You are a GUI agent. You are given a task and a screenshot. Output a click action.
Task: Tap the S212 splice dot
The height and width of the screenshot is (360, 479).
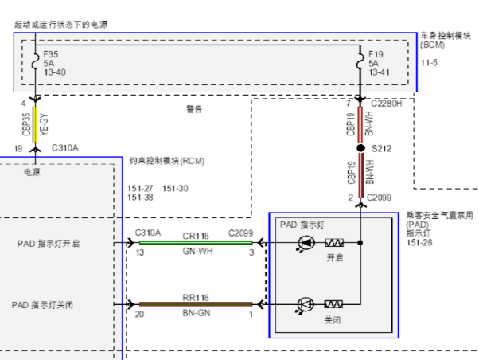click(x=360, y=148)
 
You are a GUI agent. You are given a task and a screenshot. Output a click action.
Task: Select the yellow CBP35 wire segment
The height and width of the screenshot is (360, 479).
click(x=34, y=124)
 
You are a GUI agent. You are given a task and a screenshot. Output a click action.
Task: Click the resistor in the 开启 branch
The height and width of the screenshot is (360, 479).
click(x=334, y=242)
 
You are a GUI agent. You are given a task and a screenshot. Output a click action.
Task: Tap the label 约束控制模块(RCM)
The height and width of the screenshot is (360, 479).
click(x=167, y=160)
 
